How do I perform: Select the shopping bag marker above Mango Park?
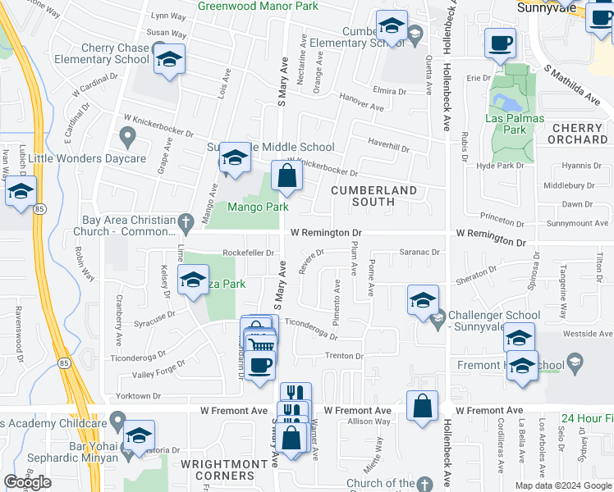tap(286, 176)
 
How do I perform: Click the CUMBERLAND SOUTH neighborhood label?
tap(373, 195)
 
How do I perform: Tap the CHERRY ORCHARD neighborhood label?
tap(578, 134)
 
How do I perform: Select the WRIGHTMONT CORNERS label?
tap(218, 470)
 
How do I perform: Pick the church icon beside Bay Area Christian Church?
tap(186, 221)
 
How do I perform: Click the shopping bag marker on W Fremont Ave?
tap(422, 406)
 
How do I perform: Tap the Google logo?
tap(27, 482)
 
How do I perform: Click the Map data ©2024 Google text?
tap(563, 485)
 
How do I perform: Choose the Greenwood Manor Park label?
tap(257, 5)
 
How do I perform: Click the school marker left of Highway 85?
tap(21, 194)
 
